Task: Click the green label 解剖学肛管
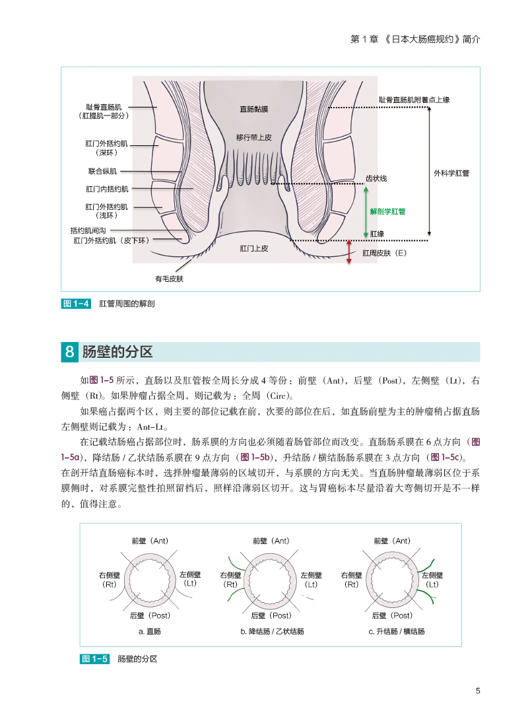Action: pyautogui.click(x=387, y=212)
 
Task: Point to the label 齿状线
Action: pyautogui.click(x=376, y=178)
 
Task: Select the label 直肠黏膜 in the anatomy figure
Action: pyautogui.click(x=254, y=110)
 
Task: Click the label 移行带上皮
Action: pyautogui.click(x=254, y=138)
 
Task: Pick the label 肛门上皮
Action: pyautogui.click(x=254, y=249)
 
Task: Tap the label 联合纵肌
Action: pyautogui.click(x=102, y=171)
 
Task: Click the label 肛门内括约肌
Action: pyautogui.click(x=106, y=189)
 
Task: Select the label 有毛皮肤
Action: pyautogui.click(x=169, y=279)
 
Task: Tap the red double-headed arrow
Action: pyautogui.click(x=349, y=252)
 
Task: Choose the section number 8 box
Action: pyautogui.click(x=69, y=352)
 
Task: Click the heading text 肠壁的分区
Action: pyautogui.click(x=117, y=352)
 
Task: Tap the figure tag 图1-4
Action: pyautogui.click(x=75, y=304)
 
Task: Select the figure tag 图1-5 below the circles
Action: pyautogui.click(x=94, y=659)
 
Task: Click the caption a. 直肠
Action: pyautogui.click(x=150, y=631)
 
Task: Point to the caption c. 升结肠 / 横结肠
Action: pyautogui.click(x=397, y=631)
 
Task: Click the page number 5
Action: pyautogui.click(x=477, y=691)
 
